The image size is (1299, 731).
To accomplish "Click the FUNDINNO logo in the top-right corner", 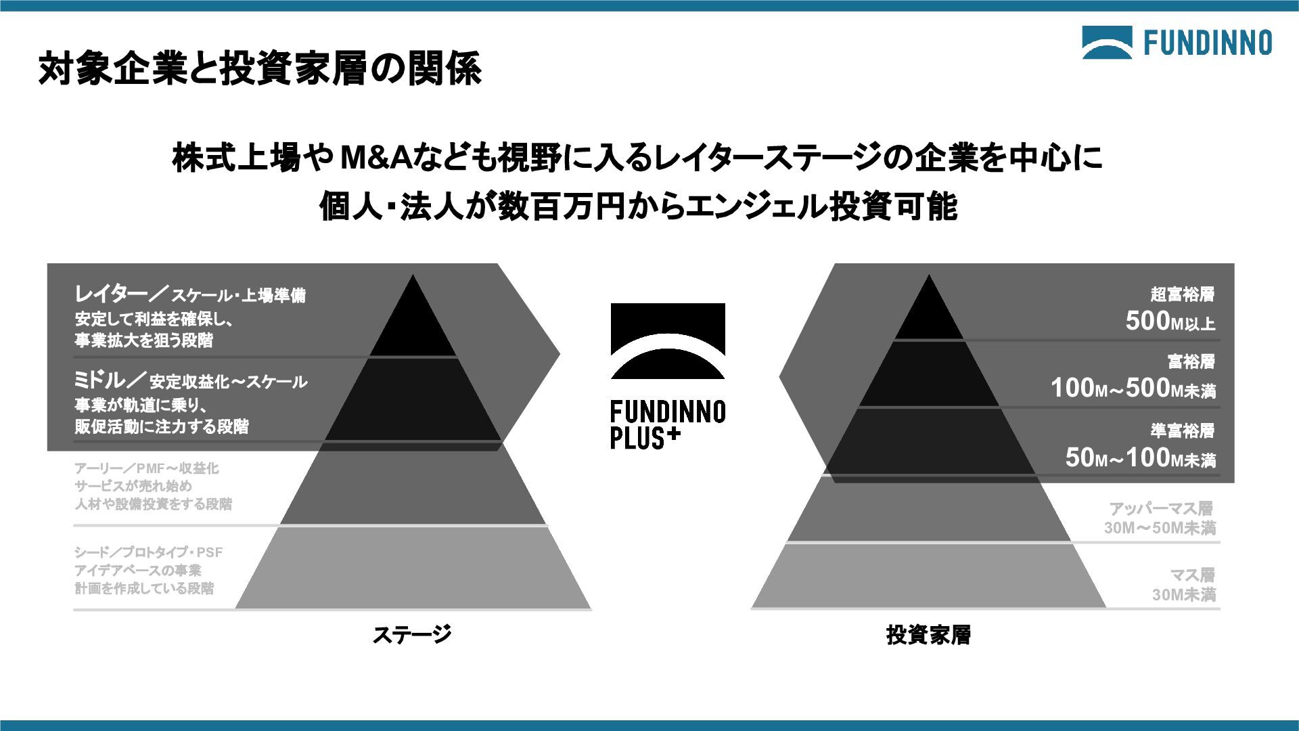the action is pyautogui.click(x=1177, y=43).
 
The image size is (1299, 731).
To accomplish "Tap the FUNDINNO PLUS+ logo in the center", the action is pyautogui.click(x=668, y=376).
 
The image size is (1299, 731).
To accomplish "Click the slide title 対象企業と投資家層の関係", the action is pyautogui.click(x=260, y=68).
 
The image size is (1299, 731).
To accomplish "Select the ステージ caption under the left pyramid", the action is pyautogui.click(x=411, y=635).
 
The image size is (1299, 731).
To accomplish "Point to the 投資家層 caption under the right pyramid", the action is pyautogui.click(x=928, y=635).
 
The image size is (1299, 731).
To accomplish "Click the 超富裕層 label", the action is pyautogui.click(x=1182, y=294).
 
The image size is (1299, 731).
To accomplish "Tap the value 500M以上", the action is pyautogui.click(x=1170, y=322).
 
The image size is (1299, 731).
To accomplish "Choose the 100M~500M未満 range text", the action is pyautogui.click(x=1133, y=389).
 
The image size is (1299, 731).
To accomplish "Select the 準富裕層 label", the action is pyautogui.click(x=1182, y=430).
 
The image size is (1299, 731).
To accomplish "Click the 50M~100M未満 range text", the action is pyautogui.click(x=1140, y=458).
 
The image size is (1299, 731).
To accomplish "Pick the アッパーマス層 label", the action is pyautogui.click(x=1160, y=508).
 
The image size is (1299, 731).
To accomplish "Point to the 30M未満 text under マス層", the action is pyautogui.click(x=1184, y=595).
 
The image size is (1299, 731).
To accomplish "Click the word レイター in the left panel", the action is pyautogui.click(x=111, y=294).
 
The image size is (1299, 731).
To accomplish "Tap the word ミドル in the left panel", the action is pyautogui.click(x=100, y=380).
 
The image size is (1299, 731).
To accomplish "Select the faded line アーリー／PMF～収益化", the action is pyautogui.click(x=146, y=468).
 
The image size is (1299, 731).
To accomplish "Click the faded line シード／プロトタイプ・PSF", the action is pyautogui.click(x=148, y=552).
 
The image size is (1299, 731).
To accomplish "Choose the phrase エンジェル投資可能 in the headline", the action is pyautogui.click(x=821, y=206).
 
